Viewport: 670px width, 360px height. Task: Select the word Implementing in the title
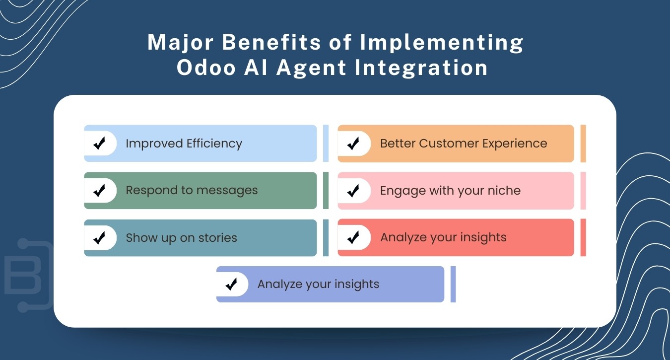coord(442,43)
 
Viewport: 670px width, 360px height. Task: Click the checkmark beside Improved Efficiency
coord(99,144)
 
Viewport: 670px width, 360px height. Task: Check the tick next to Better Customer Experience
coord(353,144)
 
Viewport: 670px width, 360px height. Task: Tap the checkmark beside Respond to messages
coord(99,191)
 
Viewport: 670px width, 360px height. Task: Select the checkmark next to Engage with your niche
coord(353,191)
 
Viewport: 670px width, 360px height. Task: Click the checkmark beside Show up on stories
coord(99,238)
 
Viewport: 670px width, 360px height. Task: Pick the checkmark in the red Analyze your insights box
coord(353,238)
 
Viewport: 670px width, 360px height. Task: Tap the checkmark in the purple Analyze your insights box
coord(231,285)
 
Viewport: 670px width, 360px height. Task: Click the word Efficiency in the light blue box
coord(214,144)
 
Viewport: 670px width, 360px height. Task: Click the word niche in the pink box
coord(504,191)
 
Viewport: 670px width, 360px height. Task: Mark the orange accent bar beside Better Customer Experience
coord(583,144)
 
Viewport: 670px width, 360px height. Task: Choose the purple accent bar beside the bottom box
coord(453,285)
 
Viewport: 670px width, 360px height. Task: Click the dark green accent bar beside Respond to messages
coord(326,191)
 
